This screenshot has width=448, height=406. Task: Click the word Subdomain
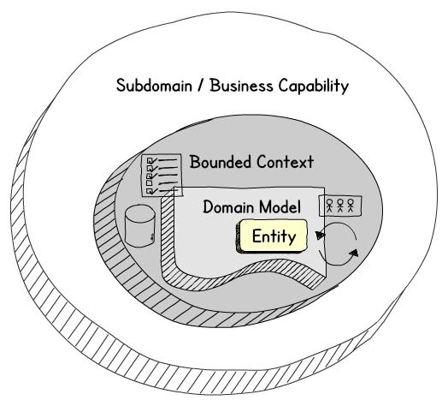(154, 86)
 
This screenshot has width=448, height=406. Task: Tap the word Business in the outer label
(241, 86)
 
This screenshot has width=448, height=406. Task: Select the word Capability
(314, 86)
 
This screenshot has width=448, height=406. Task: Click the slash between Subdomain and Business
(201, 86)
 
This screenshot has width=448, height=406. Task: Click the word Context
(286, 162)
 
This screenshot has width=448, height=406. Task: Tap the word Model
(280, 206)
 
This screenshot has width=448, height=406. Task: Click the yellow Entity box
(272, 236)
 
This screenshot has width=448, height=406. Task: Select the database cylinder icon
(140, 225)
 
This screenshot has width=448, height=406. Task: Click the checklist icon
(162, 176)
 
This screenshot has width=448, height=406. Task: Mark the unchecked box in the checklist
(149, 182)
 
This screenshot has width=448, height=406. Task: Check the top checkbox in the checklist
(150, 161)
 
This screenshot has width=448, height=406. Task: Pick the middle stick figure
(340, 206)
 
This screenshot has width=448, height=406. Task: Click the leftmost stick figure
(330, 206)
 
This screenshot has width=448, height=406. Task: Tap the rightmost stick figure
(351, 206)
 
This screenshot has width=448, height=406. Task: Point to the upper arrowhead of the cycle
(320, 235)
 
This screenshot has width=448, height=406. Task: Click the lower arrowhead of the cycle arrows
(354, 253)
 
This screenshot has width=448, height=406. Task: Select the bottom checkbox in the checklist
(150, 190)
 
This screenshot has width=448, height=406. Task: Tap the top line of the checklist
(168, 160)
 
